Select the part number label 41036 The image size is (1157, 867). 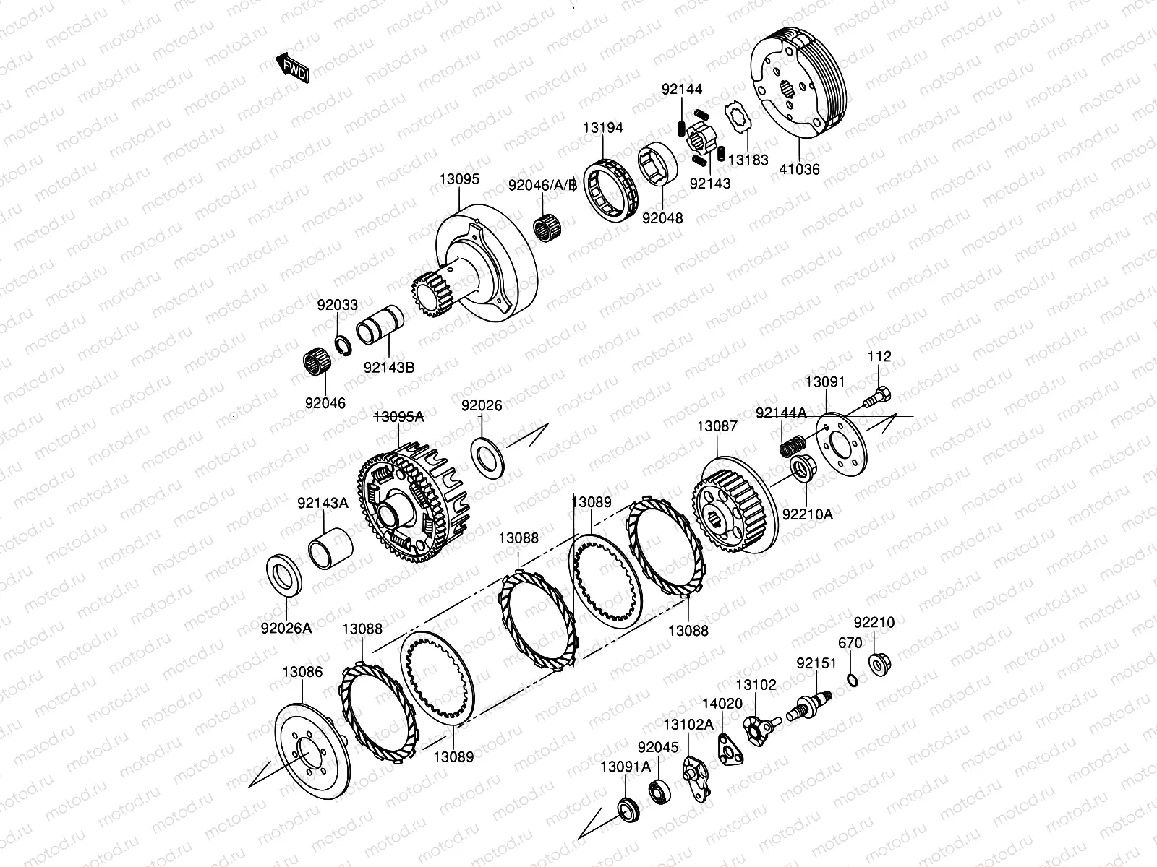tap(799, 170)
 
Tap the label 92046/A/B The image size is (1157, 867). tap(542, 185)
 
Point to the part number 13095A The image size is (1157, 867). tap(398, 416)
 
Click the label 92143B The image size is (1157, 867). tap(389, 368)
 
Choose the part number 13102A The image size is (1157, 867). tap(688, 725)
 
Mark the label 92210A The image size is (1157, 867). tap(807, 514)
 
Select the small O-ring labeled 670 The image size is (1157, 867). tap(852, 680)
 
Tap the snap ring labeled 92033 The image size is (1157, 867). tap(343, 345)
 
